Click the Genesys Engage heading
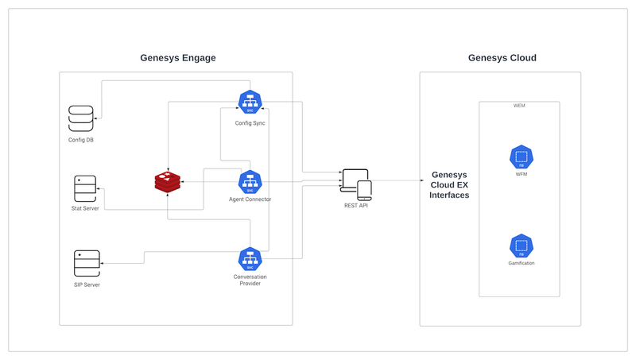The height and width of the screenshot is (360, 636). [x=178, y=58]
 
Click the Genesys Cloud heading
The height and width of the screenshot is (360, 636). [x=502, y=58]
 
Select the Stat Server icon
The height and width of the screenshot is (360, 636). [x=85, y=188]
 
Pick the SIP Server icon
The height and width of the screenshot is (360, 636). [x=87, y=263]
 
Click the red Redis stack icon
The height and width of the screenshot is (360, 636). [x=168, y=182]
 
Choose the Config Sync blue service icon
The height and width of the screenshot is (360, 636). [x=250, y=103]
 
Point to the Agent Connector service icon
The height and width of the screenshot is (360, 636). [x=250, y=183]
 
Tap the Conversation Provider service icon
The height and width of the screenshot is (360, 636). [x=250, y=259]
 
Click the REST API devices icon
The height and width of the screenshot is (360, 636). [x=355, y=185]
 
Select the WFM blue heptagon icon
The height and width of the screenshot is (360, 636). [x=521, y=157]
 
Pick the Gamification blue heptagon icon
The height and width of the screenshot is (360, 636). [x=521, y=246]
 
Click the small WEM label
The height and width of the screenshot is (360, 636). [x=519, y=106]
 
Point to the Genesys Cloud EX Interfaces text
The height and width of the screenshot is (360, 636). [x=449, y=185]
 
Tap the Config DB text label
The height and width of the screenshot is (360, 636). [x=82, y=141]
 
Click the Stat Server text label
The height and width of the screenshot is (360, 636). [x=85, y=208]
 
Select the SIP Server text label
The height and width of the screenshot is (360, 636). [x=87, y=285]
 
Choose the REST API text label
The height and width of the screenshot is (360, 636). [x=355, y=206]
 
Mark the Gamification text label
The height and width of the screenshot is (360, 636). [x=521, y=263]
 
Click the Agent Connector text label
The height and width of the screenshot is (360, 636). [x=250, y=199]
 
